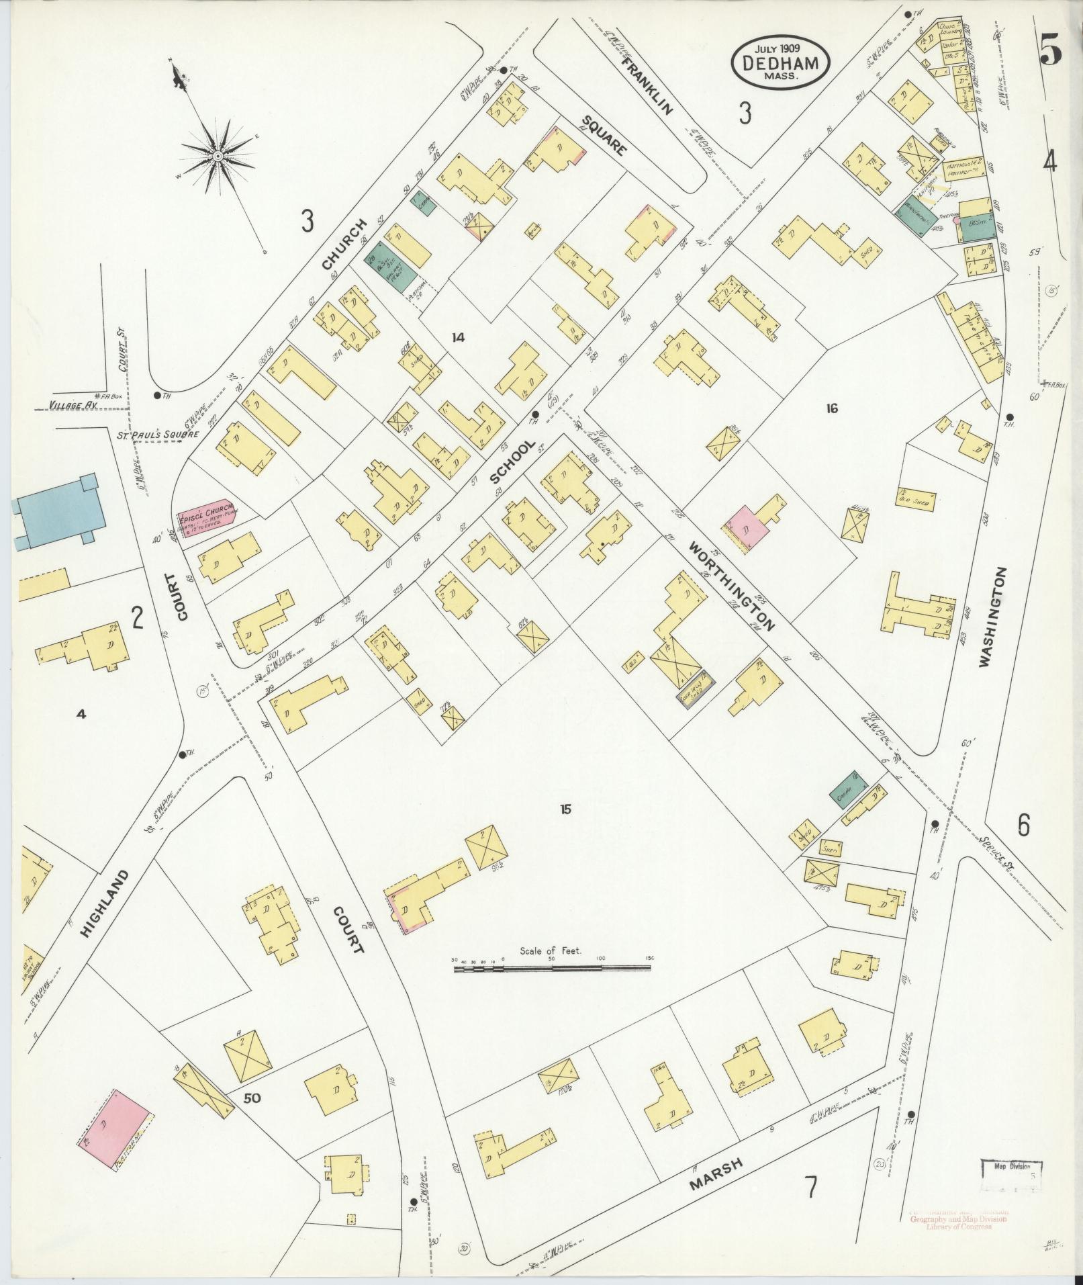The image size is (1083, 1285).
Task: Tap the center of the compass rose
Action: coord(218,156)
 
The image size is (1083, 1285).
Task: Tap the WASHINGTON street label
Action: coord(994,617)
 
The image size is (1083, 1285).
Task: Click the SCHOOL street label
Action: coord(513,461)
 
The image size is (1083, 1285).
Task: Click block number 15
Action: coord(565,809)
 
